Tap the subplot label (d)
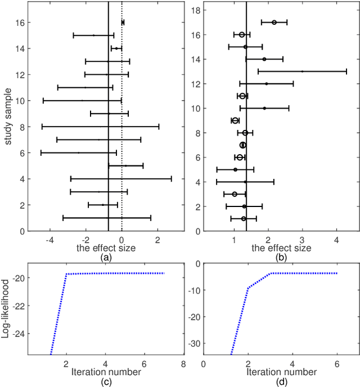(x=281, y=382)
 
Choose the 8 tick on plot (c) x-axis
(x=183, y=364)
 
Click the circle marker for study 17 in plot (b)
(x=274, y=22)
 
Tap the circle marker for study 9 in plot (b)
(x=235, y=120)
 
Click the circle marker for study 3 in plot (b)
(x=235, y=194)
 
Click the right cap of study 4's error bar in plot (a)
(x=172, y=179)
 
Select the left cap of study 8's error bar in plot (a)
(x=42, y=127)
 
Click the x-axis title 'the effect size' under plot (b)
(x=281, y=247)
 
